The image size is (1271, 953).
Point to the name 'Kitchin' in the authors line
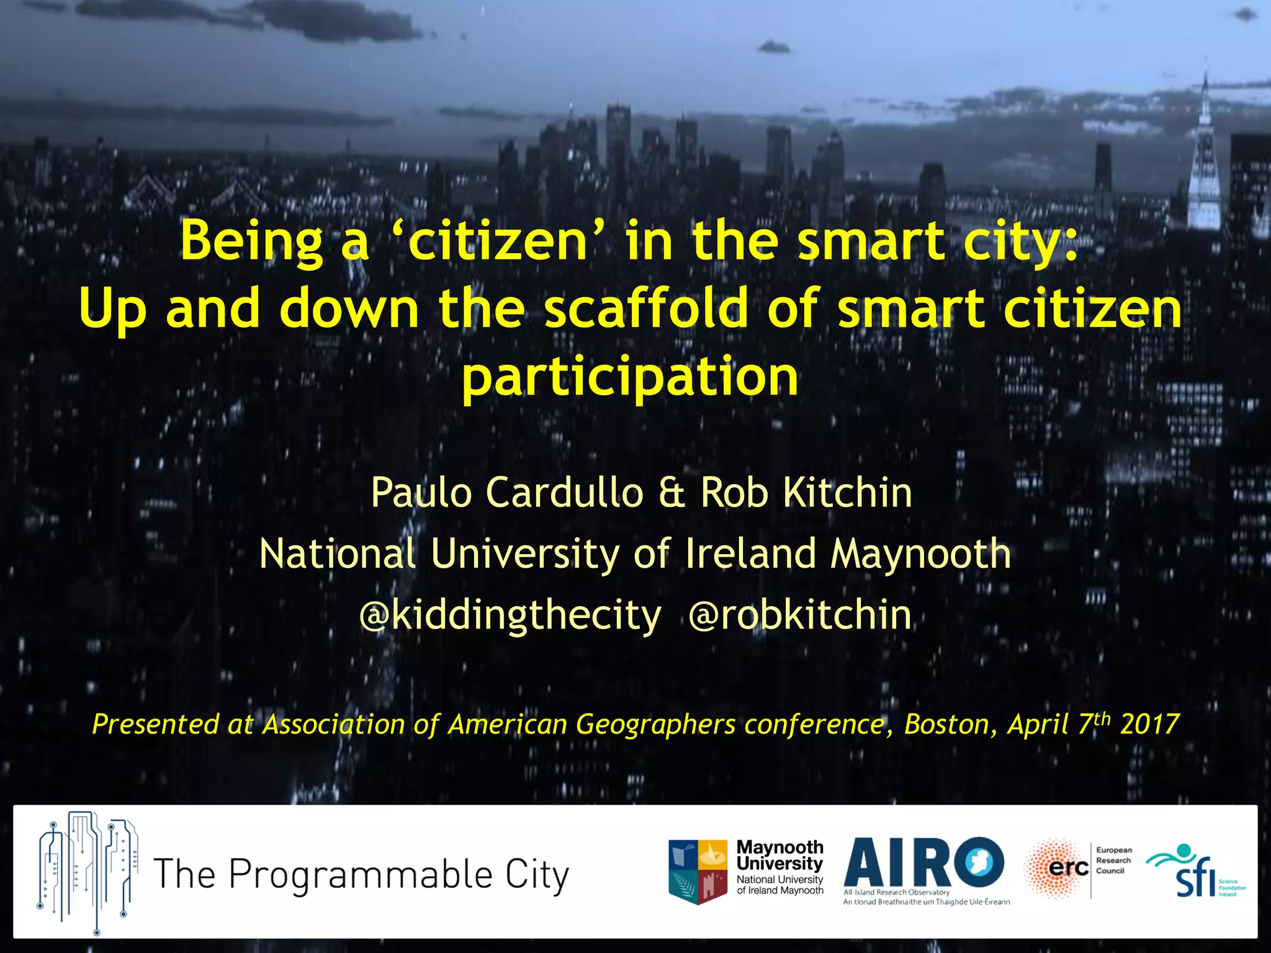pyautogui.click(x=847, y=493)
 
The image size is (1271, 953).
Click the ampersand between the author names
pyautogui.click(x=671, y=493)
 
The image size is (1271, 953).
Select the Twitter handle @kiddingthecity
pyautogui.click(x=510, y=615)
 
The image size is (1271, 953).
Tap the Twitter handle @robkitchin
pyautogui.click(x=800, y=615)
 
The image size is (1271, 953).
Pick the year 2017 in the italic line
pyautogui.click(x=1150, y=724)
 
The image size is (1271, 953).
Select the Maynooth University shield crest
pyautogui.click(x=698, y=872)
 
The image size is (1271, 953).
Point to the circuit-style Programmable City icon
pyautogui.click(x=87, y=872)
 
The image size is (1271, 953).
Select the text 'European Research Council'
pyautogui.click(x=1113, y=861)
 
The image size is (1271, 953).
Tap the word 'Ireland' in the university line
pyautogui.click(x=750, y=553)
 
